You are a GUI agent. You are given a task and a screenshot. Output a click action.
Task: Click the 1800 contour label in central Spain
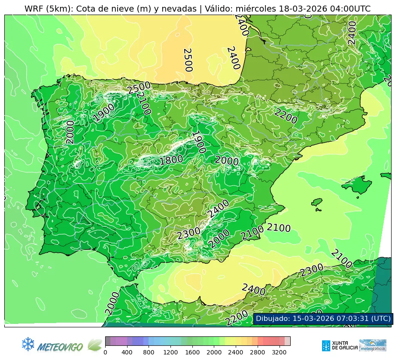[x=171, y=160]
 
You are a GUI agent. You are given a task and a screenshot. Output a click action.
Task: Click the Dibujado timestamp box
[x=323, y=319]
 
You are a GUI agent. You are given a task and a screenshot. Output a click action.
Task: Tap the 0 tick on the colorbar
[x=105, y=352]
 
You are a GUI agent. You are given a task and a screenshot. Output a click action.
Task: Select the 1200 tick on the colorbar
[x=170, y=352]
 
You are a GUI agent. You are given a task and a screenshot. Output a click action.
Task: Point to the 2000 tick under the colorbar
[x=214, y=352]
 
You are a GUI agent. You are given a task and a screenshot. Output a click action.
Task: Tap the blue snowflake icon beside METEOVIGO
[x=28, y=344]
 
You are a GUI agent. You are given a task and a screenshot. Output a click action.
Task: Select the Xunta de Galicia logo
[x=339, y=345]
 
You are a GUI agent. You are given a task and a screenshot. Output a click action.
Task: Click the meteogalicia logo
[x=373, y=345]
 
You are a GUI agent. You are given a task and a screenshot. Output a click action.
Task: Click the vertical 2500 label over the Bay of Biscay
[x=188, y=60]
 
